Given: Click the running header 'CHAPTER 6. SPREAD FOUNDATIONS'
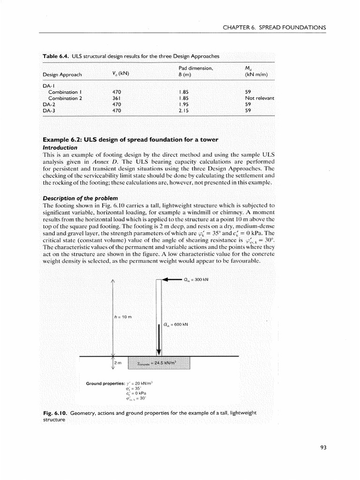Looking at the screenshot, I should point(274,28).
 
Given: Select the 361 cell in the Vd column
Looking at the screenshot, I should point(117,98).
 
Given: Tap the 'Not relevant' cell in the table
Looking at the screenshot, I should point(259,98).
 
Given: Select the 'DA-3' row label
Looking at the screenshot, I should point(49,111).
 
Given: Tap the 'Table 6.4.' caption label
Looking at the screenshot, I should point(56,56).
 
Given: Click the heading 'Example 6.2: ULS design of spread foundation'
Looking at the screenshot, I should point(130,140).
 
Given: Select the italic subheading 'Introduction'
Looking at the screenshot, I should point(60,147).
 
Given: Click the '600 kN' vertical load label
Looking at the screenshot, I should point(176,324).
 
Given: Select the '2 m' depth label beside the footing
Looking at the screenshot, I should point(119,363).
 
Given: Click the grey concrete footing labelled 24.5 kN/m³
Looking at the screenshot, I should point(159,363).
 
